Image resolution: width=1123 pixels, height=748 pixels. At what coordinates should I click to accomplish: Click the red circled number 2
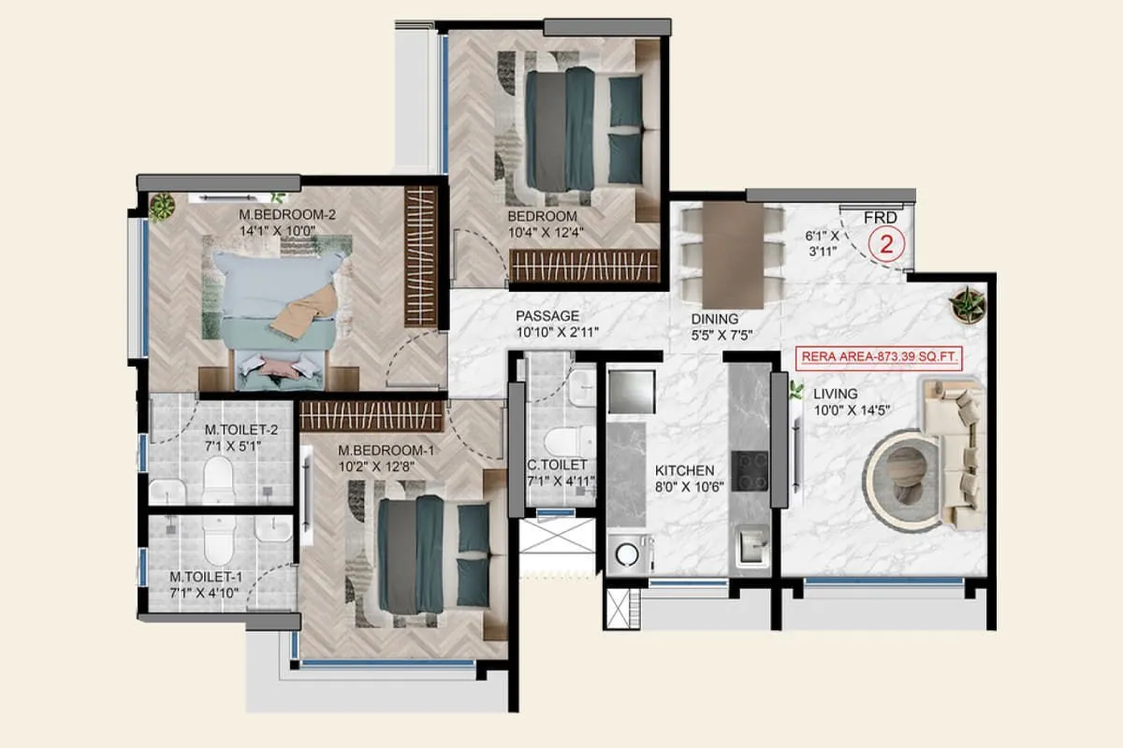(883, 246)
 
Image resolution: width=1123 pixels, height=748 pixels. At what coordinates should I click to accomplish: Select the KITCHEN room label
(684, 470)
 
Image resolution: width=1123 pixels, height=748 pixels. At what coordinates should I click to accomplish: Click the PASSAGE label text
(547, 316)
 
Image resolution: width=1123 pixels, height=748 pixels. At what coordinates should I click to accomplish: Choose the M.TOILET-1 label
(205, 577)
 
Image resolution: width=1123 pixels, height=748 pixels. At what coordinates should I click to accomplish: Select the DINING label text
(715, 319)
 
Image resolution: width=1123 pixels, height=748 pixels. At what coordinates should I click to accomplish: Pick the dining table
(733, 252)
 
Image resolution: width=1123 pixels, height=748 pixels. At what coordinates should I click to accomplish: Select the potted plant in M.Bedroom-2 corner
(162, 206)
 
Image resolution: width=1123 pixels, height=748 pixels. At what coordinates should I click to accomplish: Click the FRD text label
(880, 218)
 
